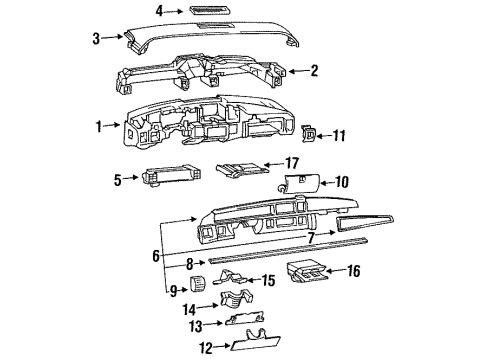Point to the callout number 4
pyautogui.click(x=159, y=11)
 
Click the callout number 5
pyautogui.click(x=118, y=180)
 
